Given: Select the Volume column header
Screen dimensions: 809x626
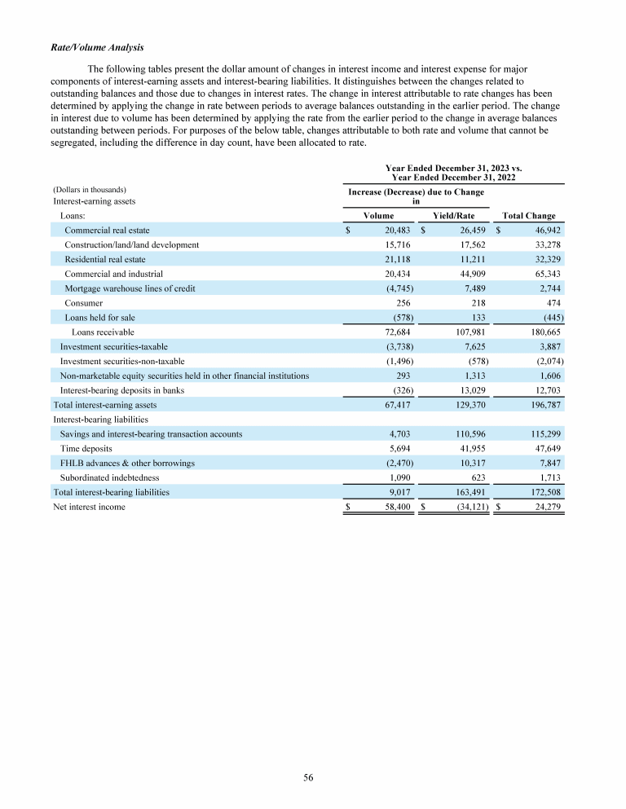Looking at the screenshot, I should point(378,216).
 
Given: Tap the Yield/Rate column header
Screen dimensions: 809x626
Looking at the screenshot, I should point(453,216).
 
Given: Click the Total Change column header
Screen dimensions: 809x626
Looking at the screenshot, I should point(529,216).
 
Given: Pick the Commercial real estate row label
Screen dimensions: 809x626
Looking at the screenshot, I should point(107,231).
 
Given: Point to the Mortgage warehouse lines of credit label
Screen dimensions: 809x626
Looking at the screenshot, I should point(130,288).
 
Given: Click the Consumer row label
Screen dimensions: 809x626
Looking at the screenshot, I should point(83,303).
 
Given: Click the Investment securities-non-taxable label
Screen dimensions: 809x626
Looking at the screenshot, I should point(122,361).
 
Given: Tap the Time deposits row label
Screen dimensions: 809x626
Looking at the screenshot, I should point(86,448).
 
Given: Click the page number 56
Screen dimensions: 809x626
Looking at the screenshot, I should point(309,778).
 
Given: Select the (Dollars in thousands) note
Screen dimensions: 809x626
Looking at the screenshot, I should point(89,189).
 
